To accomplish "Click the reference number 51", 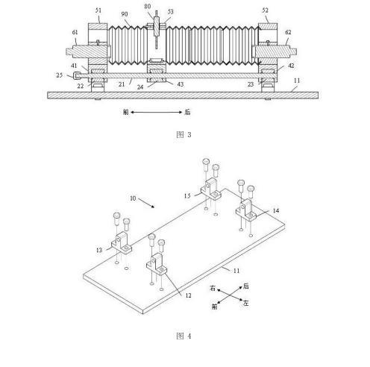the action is pos(98,10).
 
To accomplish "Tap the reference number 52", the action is pos(266,10).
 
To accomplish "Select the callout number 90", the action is pos(125,14).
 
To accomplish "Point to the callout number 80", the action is pos(148,6).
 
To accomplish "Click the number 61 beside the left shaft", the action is pos(75,32).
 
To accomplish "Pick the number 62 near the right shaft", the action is pos(288,32).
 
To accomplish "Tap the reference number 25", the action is pos(60,75).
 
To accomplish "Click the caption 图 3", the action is pos(184,135).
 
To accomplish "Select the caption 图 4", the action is pos(184,336).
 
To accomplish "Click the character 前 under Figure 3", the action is pos(126,112).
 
